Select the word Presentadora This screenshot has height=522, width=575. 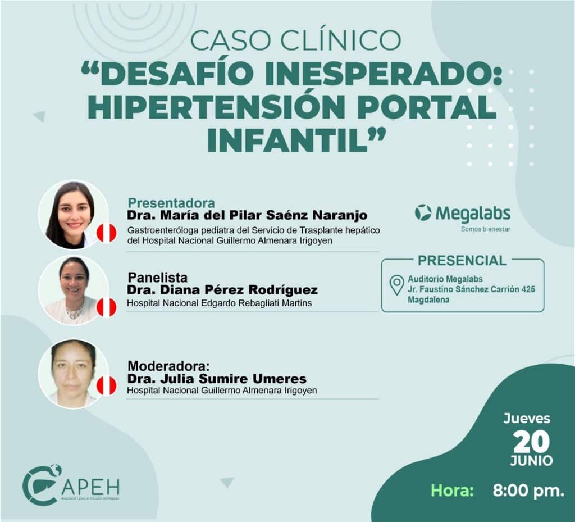171,203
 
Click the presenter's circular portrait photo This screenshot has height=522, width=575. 74,215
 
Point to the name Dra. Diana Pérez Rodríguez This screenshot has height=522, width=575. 222,290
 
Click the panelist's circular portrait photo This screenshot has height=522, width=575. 74,290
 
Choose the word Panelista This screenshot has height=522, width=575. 157,277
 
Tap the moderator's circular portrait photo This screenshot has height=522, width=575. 74,374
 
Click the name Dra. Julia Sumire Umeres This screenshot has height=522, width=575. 217,379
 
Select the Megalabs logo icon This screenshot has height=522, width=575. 423,213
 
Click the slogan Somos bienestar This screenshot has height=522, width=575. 486,229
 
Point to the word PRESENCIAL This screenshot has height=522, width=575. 462,261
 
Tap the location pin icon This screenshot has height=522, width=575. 396,285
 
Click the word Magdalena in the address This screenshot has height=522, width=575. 428,299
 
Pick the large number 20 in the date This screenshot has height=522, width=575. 531,442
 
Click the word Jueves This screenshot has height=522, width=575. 527,419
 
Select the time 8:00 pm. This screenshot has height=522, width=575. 528,491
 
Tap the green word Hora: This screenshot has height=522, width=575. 452,491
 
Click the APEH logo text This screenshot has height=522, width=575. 91,487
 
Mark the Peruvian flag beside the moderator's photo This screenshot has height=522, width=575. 106,386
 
